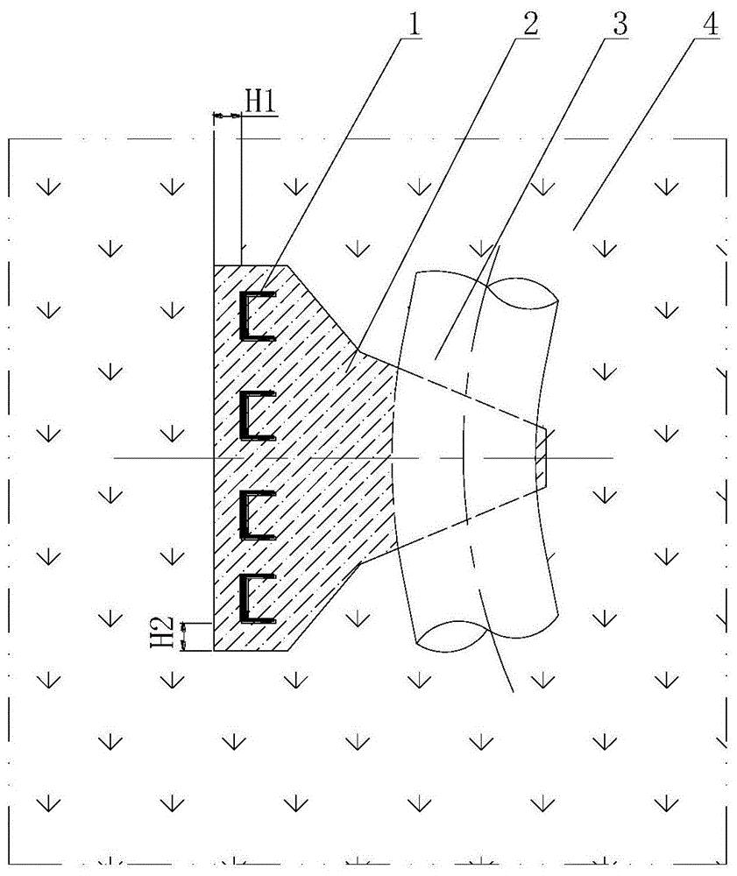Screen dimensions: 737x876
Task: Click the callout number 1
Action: click(x=413, y=25)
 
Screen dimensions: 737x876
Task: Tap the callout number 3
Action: click(x=620, y=24)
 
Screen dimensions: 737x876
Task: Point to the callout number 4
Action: click(x=710, y=25)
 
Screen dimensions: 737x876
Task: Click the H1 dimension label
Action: click(x=259, y=102)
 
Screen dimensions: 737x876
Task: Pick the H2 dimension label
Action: click(x=161, y=632)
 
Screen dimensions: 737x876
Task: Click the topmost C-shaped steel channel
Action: click(x=257, y=315)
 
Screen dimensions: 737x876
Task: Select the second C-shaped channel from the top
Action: click(x=257, y=415)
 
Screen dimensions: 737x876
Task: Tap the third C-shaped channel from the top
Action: click(x=257, y=515)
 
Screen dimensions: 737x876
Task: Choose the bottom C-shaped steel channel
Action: click(x=257, y=598)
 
